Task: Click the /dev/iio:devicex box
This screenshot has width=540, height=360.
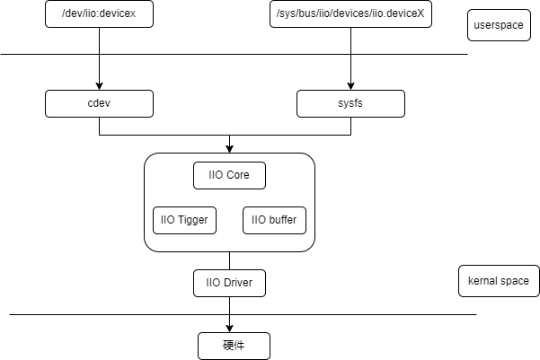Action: (99, 13)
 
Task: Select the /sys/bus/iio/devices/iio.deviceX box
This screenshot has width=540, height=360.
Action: (350, 13)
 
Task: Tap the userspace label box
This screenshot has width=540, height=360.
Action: (499, 25)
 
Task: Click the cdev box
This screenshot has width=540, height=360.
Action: (99, 103)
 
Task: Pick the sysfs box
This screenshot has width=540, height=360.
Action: (350, 103)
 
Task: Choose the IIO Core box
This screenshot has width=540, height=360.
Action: (229, 176)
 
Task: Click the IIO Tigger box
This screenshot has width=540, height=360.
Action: (184, 220)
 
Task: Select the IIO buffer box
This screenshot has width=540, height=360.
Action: (274, 220)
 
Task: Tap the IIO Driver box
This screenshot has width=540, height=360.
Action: (229, 284)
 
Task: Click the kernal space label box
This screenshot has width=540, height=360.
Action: (499, 281)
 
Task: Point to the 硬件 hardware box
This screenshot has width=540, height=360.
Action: (234, 346)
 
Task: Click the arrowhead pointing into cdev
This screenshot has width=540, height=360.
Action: (99, 86)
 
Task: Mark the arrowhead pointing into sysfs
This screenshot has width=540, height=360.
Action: (350, 86)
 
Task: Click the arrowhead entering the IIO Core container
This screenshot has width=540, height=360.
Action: (229, 149)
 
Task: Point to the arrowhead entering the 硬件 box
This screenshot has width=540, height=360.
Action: (229, 329)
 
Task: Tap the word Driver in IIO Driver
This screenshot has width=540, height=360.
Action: (238, 283)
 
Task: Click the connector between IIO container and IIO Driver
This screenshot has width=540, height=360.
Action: (229, 261)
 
